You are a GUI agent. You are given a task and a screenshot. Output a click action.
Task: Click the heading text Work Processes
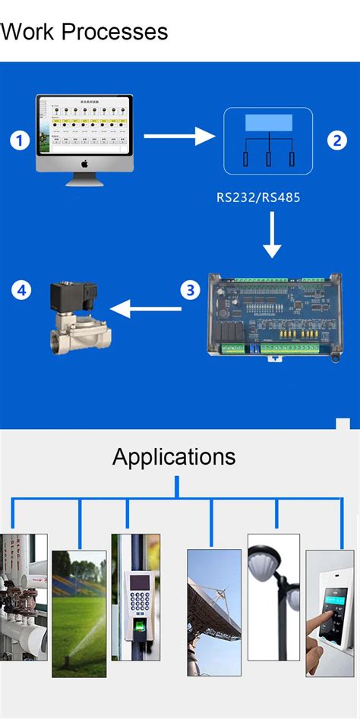click(84, 32)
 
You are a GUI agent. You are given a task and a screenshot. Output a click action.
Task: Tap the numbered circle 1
click(19, 140)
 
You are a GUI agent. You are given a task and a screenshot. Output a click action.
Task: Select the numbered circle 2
click(336, 140)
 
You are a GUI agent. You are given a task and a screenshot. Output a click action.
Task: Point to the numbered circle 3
click(190, 289)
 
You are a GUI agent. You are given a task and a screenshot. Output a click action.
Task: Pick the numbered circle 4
click(21, 289)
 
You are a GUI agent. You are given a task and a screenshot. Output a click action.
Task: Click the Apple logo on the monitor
click(85, 164)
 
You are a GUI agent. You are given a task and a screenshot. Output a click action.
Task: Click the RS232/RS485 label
click(258, 198)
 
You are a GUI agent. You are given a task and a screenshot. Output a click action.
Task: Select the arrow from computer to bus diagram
click(181, 137)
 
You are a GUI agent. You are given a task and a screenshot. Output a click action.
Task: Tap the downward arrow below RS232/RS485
click(271, 238)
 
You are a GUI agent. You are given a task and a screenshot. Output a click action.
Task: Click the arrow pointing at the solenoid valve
click(146, 309)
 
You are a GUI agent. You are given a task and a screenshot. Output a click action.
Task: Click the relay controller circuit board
click(273, 314)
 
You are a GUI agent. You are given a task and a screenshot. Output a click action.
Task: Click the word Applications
click(174, 456)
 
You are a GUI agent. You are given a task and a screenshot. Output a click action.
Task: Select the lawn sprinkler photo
click(79, 613)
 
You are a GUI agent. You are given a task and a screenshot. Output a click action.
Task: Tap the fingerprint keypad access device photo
click(136, 597)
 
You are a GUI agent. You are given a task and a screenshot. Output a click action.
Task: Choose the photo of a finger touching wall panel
click(329, 613)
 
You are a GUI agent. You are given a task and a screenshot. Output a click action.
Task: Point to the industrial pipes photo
click(23, 597)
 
